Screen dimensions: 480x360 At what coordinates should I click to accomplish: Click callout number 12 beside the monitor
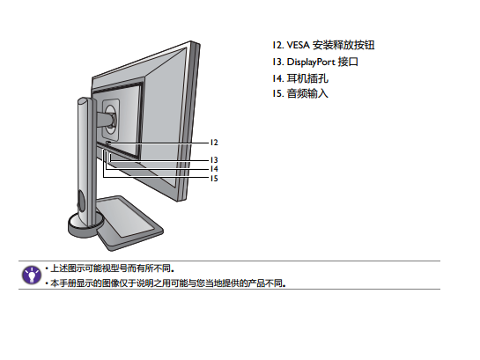pos(214,143)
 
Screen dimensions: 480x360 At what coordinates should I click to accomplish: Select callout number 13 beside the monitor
pos(214,160)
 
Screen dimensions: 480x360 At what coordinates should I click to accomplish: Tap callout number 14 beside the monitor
pos(214,169)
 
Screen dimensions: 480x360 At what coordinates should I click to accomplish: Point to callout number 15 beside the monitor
pos(214,179)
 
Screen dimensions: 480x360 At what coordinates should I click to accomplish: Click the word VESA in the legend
pos(298,45)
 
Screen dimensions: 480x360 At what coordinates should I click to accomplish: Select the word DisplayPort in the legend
pos(311,62)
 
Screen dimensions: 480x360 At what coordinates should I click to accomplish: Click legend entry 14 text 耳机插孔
pos(307,78)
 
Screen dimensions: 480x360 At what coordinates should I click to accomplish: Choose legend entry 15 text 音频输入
pos(307,93)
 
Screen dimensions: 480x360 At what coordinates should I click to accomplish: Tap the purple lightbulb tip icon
pos(31,275)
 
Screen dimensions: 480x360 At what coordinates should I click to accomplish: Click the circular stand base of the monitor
pos(85,225)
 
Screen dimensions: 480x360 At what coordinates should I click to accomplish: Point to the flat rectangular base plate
pos(130,224)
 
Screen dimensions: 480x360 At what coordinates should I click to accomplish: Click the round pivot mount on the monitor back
pos(111,116)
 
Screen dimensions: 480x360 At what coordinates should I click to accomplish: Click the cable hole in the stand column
pos(80,201)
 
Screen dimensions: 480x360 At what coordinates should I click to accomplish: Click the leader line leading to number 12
pos(159,143)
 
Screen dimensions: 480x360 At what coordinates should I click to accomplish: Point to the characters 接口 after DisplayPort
pos(348,62)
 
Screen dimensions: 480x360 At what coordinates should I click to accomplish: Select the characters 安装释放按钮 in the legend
pos(343,45)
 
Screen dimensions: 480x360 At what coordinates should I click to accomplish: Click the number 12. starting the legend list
pos(278,45)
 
